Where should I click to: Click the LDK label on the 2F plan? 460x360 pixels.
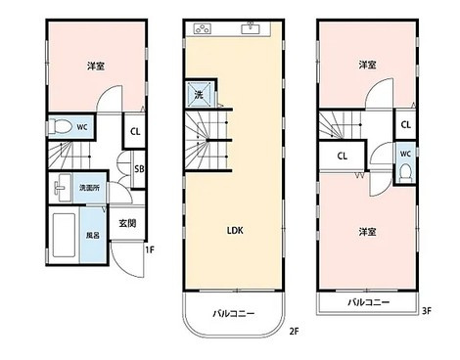[x=236, y=231]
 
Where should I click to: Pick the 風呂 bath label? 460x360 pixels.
[x=93, y=236]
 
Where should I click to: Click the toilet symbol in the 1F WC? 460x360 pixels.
[x=62, y=126]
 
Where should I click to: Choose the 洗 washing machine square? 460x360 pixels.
[x=199, y=95]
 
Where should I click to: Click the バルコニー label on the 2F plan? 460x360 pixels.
[x=235, y=314]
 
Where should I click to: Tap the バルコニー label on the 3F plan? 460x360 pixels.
[x=368, y=303]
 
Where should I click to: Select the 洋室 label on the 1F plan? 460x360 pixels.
[x=95, y=66]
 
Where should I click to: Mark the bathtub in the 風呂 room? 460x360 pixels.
[x=66, y=236]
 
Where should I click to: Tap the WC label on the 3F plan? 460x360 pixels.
[x=405, y=154]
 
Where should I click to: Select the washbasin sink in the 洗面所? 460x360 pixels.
[x=63, y=187]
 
